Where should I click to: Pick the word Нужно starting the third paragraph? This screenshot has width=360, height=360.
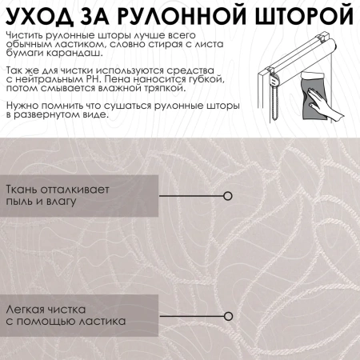pos(21,106)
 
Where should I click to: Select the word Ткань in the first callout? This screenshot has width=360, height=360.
pos(23,190)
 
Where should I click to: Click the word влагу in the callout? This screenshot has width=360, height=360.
pos(61,201)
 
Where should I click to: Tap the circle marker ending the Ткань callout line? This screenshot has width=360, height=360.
pos(228,195)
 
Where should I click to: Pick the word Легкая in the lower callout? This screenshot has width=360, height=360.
pos(25,309)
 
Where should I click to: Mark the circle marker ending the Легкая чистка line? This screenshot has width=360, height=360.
pos(228,314)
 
